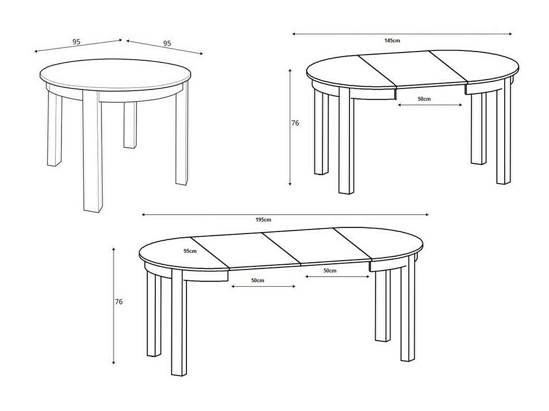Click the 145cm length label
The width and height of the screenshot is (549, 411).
(392, 41)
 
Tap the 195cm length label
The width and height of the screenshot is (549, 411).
(263, 220)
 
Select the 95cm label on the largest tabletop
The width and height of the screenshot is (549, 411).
(190, 251)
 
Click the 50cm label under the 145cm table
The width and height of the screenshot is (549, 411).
(424, 99)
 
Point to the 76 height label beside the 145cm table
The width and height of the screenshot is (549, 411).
(295, 123)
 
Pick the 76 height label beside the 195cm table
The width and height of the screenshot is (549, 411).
(119, 302)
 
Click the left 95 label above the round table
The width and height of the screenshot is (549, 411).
(77, 42)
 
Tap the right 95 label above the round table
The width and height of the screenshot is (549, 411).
(167, 43)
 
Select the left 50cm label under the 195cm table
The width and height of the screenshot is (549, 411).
(257, 280)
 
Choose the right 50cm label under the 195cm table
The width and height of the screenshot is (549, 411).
(330, 271)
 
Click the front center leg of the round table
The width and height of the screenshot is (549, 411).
(92, 150)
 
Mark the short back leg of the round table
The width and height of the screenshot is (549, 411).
(130, 125)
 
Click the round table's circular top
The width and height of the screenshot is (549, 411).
(116, 73)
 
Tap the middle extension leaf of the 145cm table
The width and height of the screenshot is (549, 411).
(413, 69)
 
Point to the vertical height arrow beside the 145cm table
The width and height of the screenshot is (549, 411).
(290, 127)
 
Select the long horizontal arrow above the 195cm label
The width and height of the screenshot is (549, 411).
(285, 215)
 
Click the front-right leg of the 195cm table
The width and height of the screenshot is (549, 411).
(408, 308)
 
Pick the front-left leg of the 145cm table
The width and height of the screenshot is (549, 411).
(346, 140)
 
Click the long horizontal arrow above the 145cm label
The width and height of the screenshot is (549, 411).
(402, 34)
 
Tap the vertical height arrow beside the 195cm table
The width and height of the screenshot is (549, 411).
(114, 306)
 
